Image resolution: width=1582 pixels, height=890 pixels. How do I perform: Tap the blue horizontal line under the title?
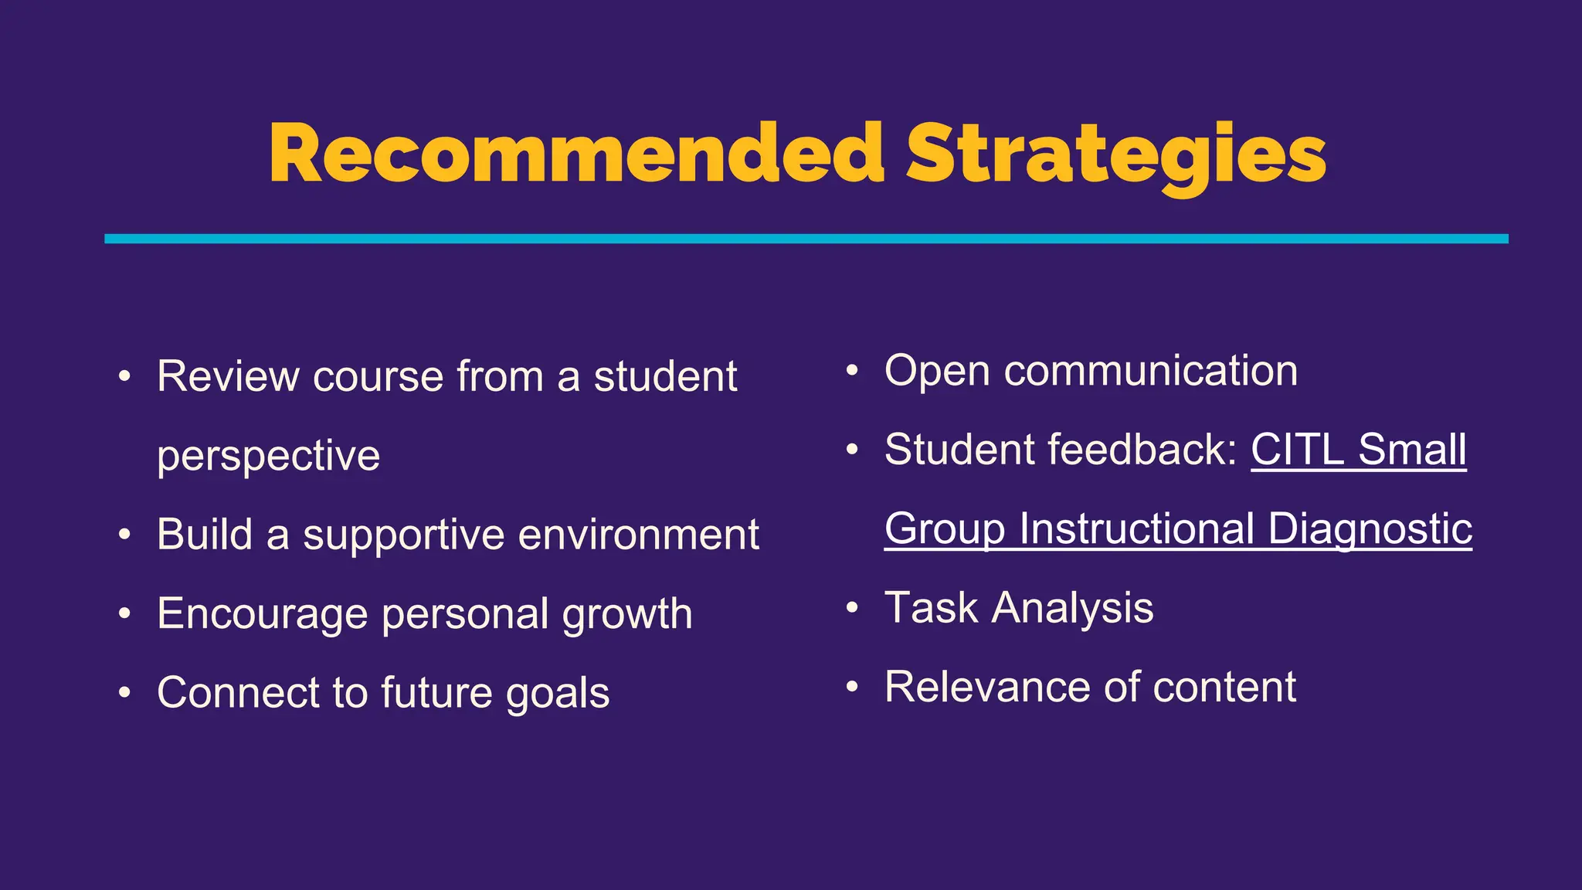(x=806, y=239)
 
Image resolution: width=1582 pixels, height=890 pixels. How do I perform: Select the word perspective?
(x=268, y=456)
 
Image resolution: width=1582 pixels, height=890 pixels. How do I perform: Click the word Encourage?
(x=262, y=614)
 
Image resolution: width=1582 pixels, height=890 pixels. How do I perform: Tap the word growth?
(x=626, y=614)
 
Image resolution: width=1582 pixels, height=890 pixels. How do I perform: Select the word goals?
(x=558, y=693)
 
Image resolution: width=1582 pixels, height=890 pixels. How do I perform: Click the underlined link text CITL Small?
(x=1358, y=450)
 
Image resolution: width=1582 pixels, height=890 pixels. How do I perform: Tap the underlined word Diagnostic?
(x=1370, y=529)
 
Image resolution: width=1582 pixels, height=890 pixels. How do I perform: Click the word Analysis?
(x=1072, y=608)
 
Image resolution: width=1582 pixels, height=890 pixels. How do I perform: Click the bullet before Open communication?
(x=851, y=371)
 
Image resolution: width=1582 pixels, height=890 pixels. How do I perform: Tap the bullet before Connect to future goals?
(x=124, y=692)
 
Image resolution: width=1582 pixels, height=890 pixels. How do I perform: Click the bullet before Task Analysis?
(x=851, y=608)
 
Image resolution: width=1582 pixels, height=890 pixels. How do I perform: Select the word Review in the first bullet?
(x=228, y=377)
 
